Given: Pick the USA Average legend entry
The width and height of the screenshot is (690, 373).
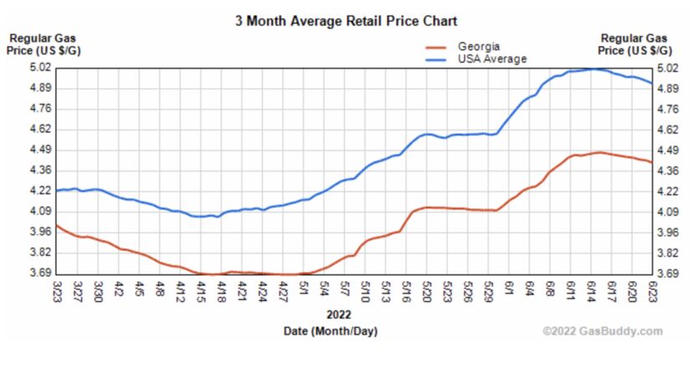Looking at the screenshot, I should pos(492,59).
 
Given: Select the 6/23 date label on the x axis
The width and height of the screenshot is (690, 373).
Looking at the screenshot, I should pos(652,293).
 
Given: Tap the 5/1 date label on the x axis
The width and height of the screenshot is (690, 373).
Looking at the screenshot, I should pos(304,291).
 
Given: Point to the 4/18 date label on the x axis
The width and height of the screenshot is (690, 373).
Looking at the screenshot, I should pos(222,293).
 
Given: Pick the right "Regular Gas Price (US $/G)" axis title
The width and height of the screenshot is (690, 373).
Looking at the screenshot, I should pos(636,45).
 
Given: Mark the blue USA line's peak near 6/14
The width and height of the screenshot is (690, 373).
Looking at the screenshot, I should pos(593,69).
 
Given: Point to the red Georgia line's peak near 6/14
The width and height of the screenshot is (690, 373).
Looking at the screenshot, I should pos(598,152).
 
